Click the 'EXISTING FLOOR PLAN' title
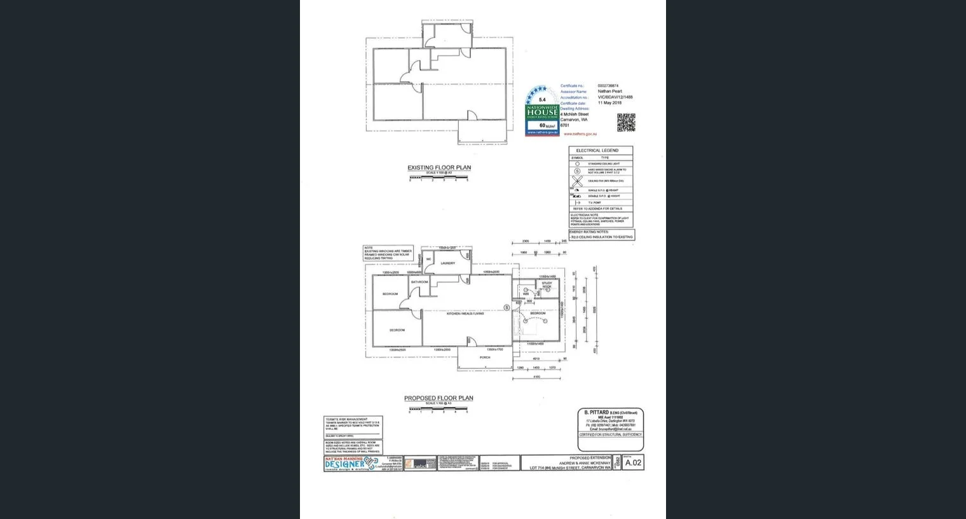[439, 168]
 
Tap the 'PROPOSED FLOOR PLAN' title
[439, 398]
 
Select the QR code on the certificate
[625, 123]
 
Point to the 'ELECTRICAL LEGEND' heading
[597, 151]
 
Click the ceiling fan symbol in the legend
[577, 181]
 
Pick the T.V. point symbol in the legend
[577, 203]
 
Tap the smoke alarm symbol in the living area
[507, 308]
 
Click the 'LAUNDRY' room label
[447, 263]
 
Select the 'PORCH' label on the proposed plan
[485, 357]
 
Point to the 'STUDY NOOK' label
[547, 286]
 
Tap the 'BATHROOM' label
[419, 282]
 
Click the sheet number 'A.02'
[633, 463]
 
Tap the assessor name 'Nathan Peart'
[609, 92]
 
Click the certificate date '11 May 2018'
[609, 103]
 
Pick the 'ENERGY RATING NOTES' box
[601, 235]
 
